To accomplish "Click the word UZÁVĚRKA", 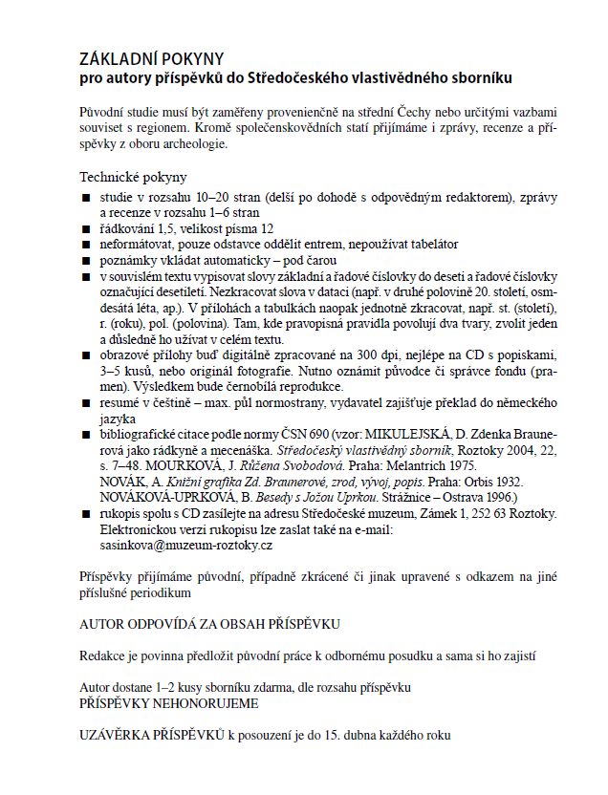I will [x=119, y=736].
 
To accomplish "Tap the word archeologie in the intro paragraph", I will [x=195, y=144].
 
